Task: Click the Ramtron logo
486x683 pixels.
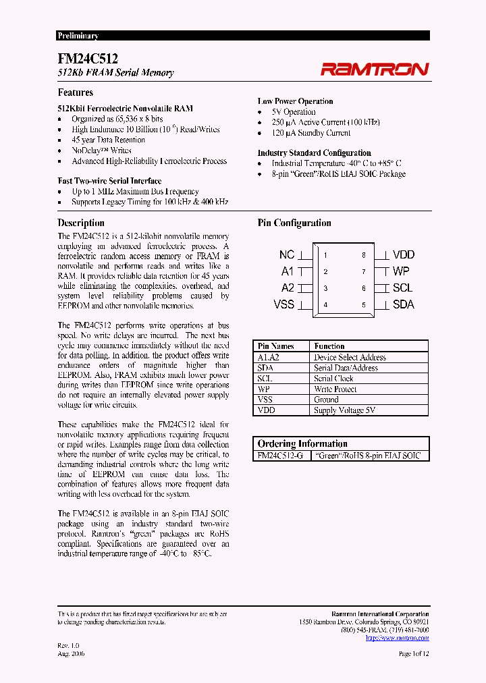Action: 374,69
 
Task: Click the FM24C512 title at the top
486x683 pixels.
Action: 88,59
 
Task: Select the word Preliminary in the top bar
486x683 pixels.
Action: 78,36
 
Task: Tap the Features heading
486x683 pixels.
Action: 76,92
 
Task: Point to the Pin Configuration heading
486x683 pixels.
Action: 294,223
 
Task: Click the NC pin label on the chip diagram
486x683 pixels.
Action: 287,255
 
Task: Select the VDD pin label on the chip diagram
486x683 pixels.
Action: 404,255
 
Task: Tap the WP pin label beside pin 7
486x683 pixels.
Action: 401,271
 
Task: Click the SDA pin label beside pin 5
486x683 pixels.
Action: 403,304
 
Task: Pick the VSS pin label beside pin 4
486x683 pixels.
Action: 284,304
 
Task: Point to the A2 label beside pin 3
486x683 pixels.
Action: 288,288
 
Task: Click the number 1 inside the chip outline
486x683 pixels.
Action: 325,255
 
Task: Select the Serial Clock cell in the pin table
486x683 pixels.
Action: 333,379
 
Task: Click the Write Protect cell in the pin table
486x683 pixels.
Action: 335,389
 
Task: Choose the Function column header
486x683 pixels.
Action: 329,346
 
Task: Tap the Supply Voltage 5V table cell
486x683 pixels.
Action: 344,410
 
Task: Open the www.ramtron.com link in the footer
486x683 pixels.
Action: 397,637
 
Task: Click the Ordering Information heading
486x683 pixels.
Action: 302,443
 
